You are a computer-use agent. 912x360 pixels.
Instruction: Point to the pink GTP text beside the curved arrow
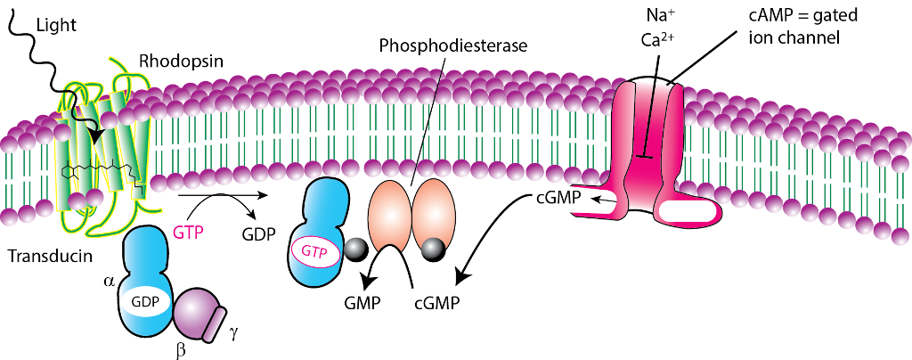(190, 233)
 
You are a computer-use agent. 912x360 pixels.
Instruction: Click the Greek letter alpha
(110, 281)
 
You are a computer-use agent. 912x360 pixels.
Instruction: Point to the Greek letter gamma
(234, 331)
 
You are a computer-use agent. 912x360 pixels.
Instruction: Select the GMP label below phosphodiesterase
(362, 302)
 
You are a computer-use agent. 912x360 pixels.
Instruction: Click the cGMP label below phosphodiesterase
(436, 302)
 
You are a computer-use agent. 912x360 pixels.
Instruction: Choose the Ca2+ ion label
(656, 40)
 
